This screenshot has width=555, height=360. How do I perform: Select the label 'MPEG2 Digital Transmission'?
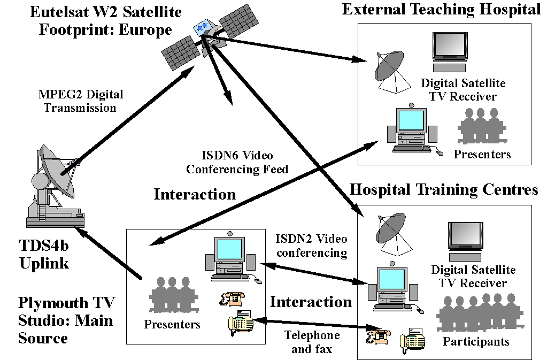pyautogui.click(x=80, y=101)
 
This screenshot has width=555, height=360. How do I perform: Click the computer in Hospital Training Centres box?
pyautogui.click(x=394, y=289)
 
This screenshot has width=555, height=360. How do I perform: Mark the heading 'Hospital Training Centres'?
pyautogui.click(x=443, y=190)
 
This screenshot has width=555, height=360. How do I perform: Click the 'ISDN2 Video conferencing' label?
pyautogui.click(x=311, y=246)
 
